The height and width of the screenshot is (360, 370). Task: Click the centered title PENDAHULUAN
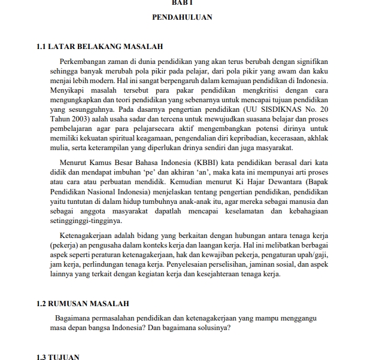point(183,18)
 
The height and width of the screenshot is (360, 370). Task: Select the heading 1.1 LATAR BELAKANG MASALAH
point(100,46)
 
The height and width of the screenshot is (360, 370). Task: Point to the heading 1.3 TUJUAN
point(58,356)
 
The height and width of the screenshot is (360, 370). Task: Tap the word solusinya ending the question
point(211,328)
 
